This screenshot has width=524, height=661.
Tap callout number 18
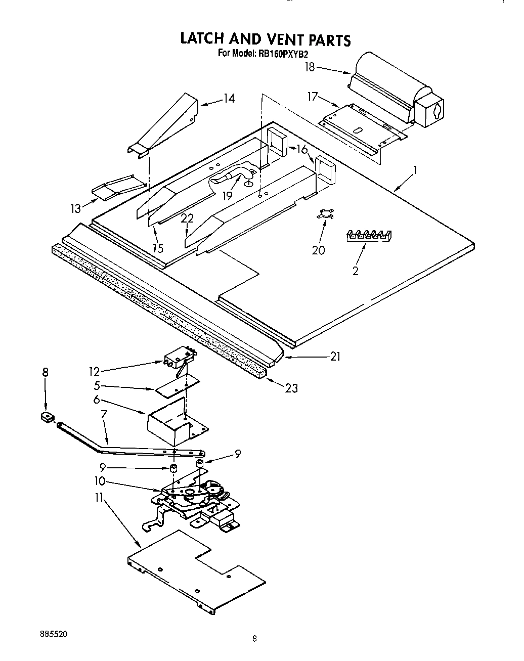coord(310,67)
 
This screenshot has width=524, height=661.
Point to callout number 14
coord(229,98)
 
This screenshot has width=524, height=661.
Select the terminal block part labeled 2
coord(370,235)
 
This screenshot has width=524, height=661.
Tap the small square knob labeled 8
coord(48,417)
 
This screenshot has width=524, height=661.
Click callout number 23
coord(291,388)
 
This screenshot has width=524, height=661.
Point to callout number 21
coord(335,357)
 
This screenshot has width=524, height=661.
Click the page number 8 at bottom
coord(255,639)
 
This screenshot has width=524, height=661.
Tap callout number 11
coord(98,498)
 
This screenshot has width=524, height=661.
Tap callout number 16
coord(302,149)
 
